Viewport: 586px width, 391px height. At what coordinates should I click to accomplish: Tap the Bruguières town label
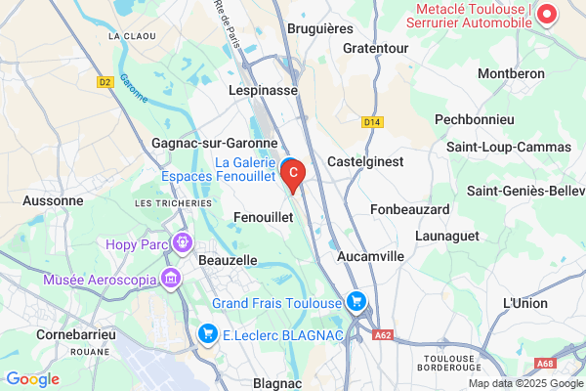[320, 29]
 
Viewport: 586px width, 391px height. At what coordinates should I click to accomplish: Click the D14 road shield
[370, 122]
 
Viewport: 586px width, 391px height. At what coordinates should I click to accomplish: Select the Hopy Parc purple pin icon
[180, 241]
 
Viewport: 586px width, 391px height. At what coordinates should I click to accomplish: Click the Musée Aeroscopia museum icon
[172, 280]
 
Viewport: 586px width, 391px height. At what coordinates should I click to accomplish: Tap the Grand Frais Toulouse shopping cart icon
[356, 302]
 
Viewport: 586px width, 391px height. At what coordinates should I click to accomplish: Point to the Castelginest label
[365, 161]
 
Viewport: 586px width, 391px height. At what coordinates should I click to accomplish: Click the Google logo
[32, 378]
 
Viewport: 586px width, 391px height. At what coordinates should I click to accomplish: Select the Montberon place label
[509, 73]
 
